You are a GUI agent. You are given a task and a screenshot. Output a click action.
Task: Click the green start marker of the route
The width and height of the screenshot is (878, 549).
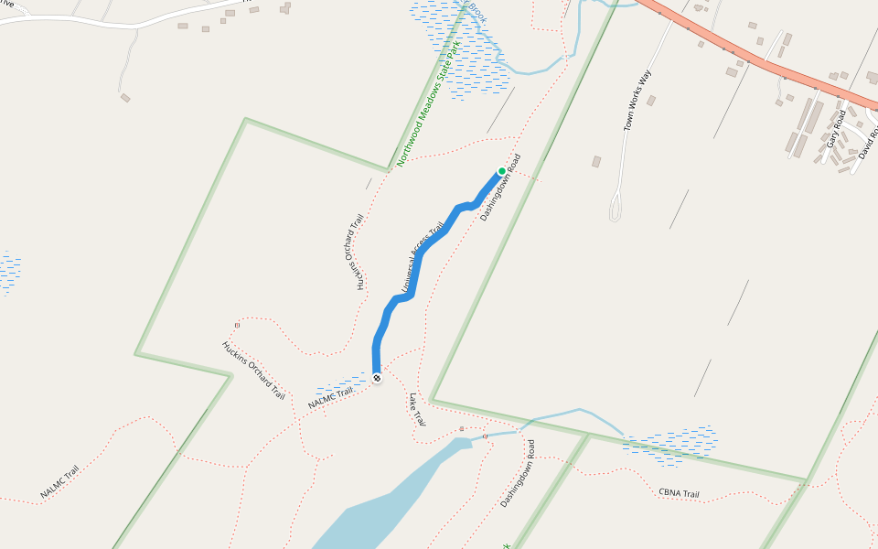coord(501,171)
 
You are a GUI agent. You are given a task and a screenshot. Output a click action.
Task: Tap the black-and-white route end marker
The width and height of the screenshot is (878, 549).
coord(377,378)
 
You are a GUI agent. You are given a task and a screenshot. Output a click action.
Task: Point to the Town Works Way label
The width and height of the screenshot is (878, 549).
coord(639,100)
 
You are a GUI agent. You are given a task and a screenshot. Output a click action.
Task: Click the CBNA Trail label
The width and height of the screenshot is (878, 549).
coord(679,493)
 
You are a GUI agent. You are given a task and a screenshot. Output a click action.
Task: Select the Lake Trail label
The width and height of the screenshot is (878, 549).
coord(418,411)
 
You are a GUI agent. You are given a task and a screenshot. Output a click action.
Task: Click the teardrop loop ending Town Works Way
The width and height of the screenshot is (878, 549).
coord(617,205)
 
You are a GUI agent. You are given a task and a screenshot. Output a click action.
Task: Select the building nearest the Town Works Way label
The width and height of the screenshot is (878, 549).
coord(650,101)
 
